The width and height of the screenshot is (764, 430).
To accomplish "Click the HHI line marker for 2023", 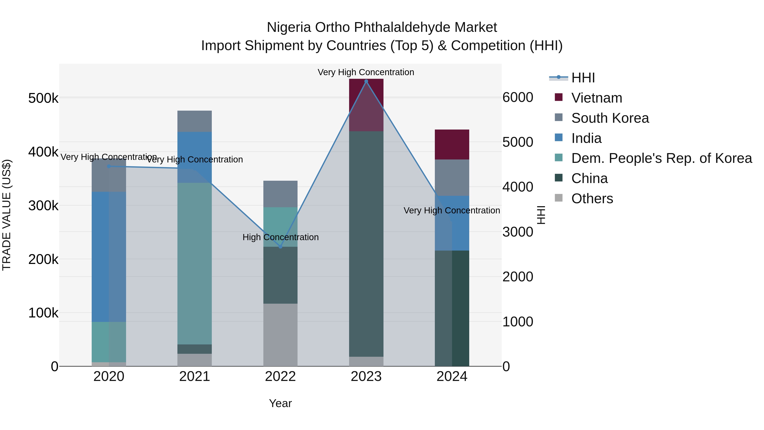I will pos(366,81).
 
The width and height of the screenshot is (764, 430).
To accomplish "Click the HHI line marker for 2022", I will pos(280,247).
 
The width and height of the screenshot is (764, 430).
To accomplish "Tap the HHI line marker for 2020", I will pos(109,166).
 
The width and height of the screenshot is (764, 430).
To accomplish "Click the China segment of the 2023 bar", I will pos(366,243).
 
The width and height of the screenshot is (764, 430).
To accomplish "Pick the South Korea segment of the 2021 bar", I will pos(195,121).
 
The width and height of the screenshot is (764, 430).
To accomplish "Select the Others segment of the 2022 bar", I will pos(280,334).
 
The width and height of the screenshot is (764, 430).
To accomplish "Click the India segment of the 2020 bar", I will pos(109,257).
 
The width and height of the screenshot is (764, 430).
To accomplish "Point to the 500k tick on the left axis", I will pos(43,98).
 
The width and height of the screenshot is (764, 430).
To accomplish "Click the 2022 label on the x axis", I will pos(280,376).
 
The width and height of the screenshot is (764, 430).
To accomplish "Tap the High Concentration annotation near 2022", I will pos(280,237).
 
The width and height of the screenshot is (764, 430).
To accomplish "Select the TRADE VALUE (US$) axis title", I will pos(7,215).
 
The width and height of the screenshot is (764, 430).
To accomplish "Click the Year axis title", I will pos(280,403).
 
